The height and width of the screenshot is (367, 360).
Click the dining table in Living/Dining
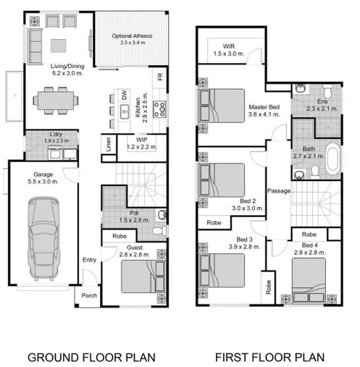(55, 98)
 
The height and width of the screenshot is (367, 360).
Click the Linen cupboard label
(106, 143)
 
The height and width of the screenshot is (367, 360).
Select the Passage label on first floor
(278, 191)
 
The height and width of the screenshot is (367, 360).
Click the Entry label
(88, 260)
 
